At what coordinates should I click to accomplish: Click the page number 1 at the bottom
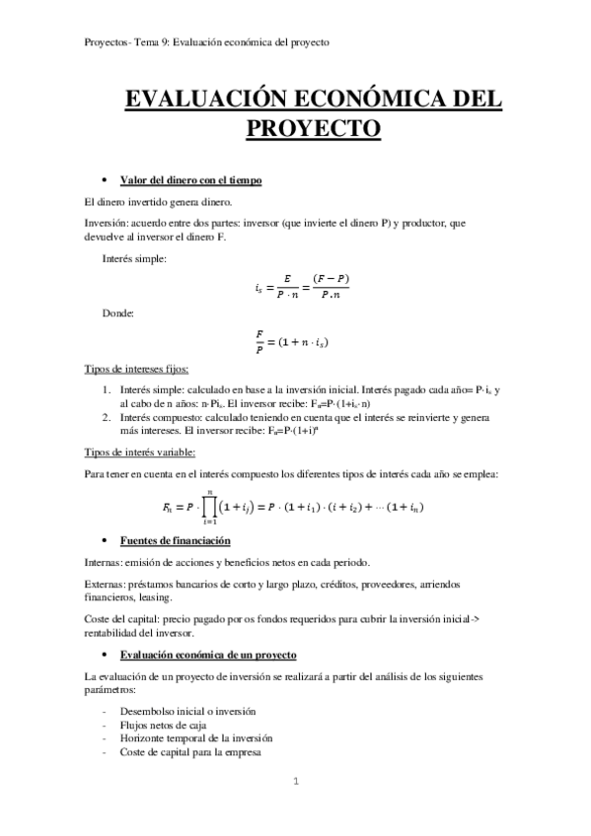(295, 782)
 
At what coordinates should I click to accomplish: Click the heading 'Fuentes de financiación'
(175, 541)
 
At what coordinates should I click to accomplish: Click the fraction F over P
(259, 340)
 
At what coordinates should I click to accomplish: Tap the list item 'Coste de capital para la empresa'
(189, 752)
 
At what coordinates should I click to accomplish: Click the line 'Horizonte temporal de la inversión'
(195, 738)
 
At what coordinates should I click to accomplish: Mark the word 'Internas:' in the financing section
(105, 563)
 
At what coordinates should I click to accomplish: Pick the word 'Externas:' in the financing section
(106, 584)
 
